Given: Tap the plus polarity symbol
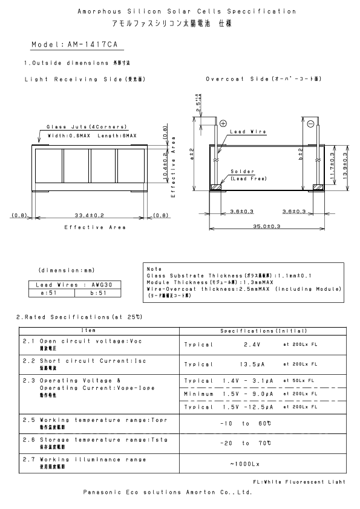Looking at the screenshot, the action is [223, 123].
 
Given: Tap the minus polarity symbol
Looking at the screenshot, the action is [309, 123].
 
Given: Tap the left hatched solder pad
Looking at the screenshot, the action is [214, 187].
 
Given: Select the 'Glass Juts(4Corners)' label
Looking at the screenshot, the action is [87, 127].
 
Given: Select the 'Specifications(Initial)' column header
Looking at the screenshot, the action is [264, 331].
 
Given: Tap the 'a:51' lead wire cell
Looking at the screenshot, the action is [51, 293].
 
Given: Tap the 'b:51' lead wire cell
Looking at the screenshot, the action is [97, 293].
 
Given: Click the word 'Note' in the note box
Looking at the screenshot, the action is [154, 268].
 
